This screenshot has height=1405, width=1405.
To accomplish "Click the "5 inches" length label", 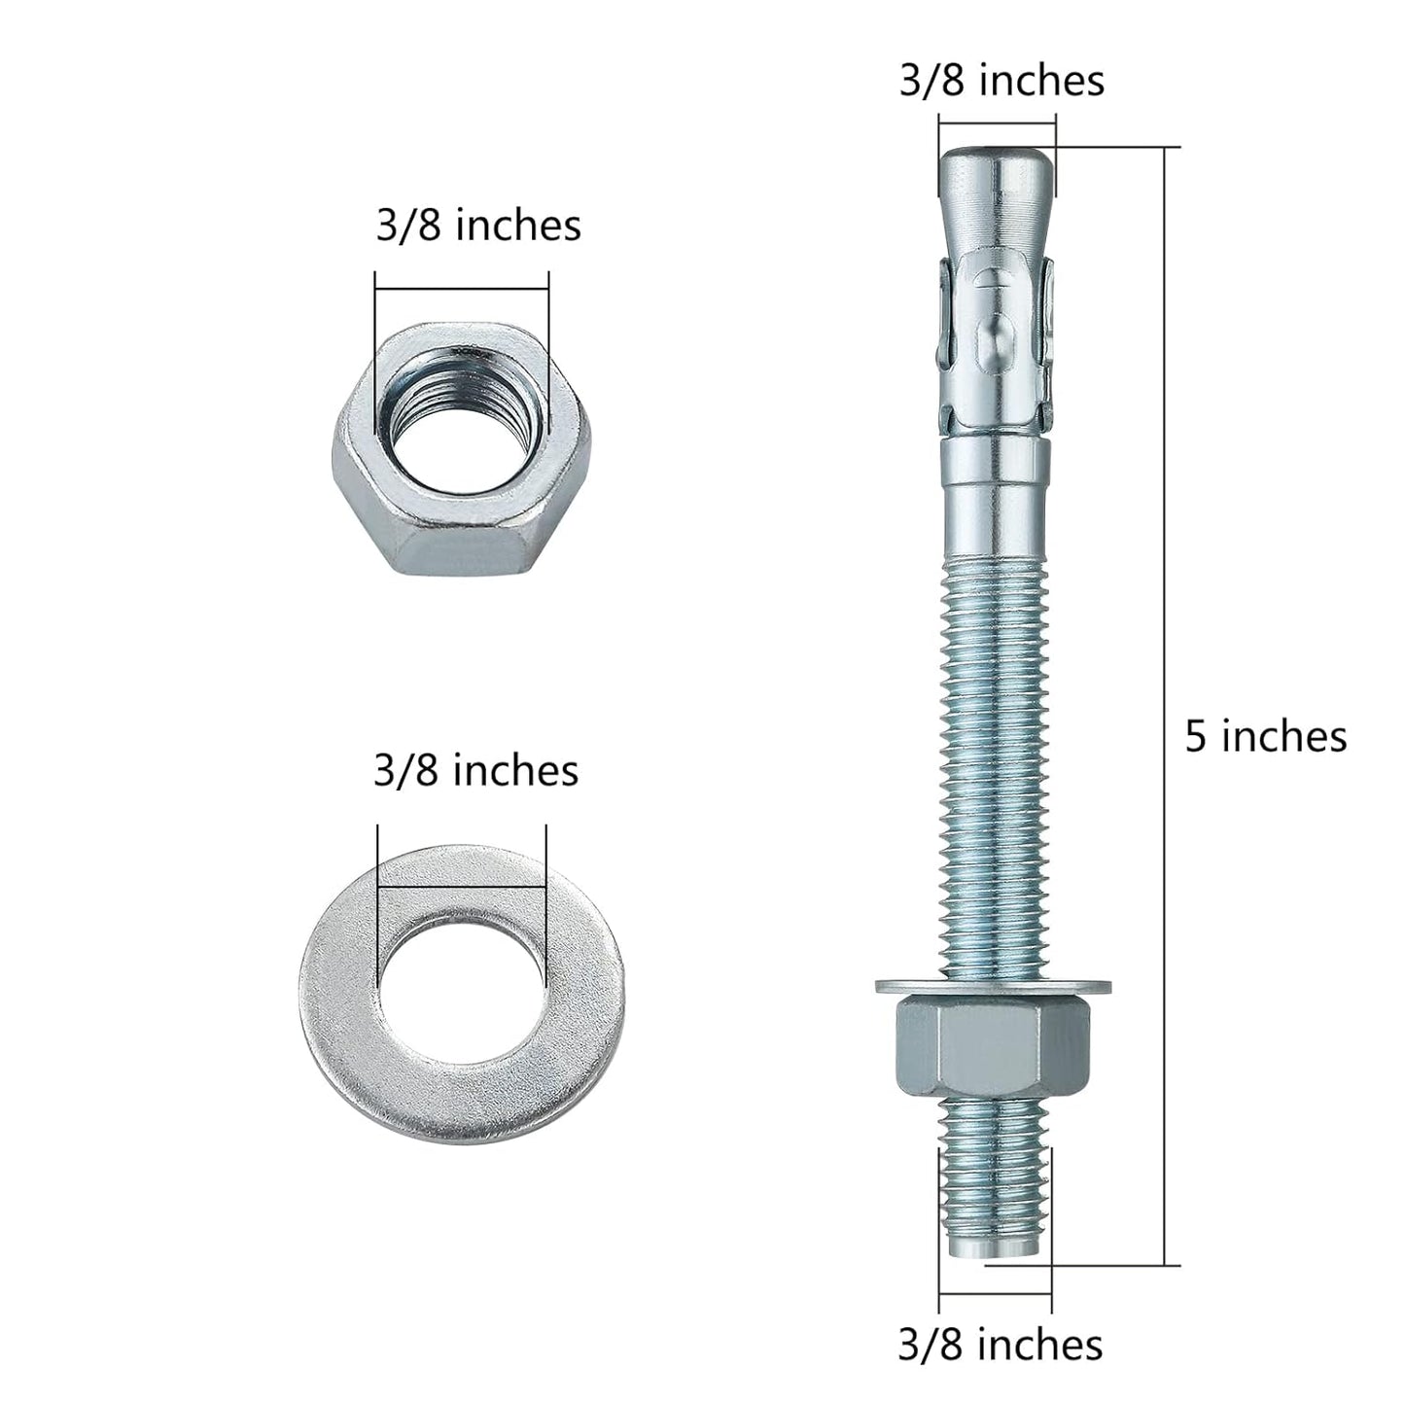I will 1265,736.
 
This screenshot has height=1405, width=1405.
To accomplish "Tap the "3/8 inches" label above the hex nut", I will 478,226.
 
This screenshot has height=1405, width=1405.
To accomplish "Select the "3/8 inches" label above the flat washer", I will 475,771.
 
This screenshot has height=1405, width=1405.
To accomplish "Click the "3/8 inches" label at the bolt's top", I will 1001,81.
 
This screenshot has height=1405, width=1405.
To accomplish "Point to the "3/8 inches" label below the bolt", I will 1001,1345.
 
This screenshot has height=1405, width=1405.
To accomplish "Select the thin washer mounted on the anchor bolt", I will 995,987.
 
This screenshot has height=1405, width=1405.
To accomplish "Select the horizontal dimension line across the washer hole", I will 462,886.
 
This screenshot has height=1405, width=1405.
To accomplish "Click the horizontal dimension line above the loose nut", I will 462,288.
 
